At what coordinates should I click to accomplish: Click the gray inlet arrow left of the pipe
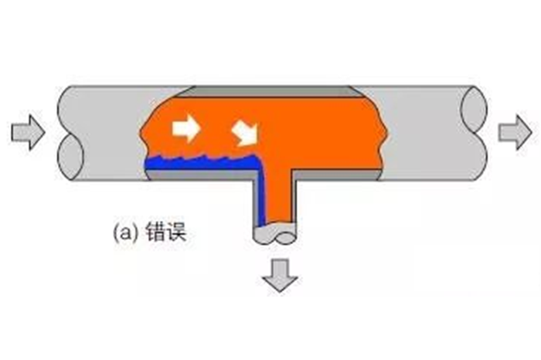pos(28,132)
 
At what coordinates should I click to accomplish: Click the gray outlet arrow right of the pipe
pos(515,133)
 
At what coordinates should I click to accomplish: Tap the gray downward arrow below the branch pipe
pos(280,276)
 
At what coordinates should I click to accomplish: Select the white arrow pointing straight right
pos(186,128)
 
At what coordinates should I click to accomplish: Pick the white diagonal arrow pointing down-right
pos(246,134)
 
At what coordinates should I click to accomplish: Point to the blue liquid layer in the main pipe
pos(202,163)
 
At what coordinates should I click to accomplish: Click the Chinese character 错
pos(155,232)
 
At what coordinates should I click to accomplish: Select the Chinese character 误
pos(176,232)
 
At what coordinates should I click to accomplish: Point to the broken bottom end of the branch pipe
pos(274,234)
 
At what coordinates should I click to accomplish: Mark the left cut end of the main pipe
pos(71,133)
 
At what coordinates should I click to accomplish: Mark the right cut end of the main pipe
pos(474,133)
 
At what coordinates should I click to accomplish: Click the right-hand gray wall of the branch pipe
pos(295,199)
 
